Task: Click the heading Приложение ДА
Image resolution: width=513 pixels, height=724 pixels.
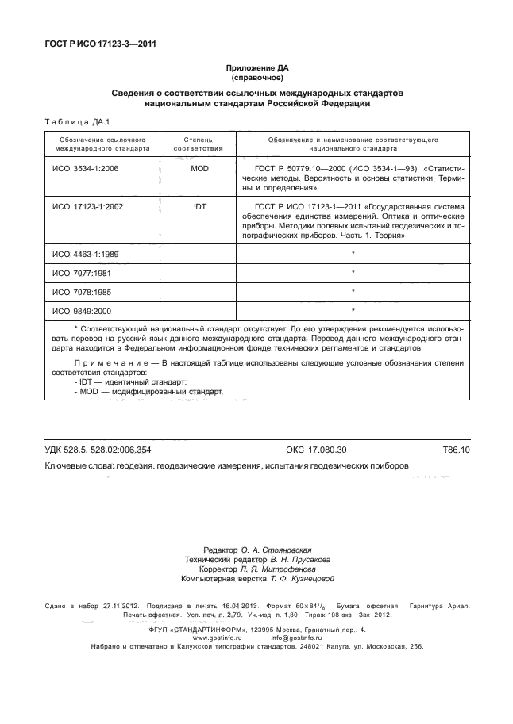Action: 256,69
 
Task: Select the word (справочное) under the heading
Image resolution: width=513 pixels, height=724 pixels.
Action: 256,79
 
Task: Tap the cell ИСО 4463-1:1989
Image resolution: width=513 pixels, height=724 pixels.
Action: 85,254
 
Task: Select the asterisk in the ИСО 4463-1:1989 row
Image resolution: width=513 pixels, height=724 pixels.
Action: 353,253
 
